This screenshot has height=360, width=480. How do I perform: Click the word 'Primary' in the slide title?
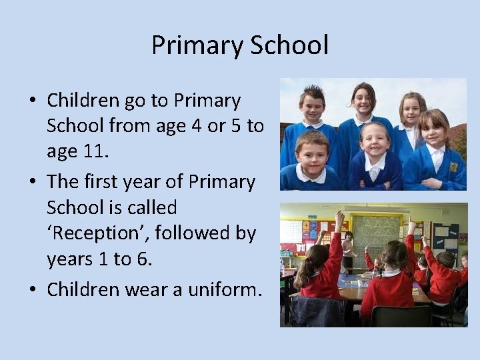pyautogui.click(x=197, y=46)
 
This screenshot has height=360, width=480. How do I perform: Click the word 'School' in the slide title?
pyautogui.click(x=289, y=46)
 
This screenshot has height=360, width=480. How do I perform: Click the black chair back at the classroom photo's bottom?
pyautogui.click(x=399, y=316)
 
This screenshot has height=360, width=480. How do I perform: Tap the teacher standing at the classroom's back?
pyautogui.click(x=347, y=247)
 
